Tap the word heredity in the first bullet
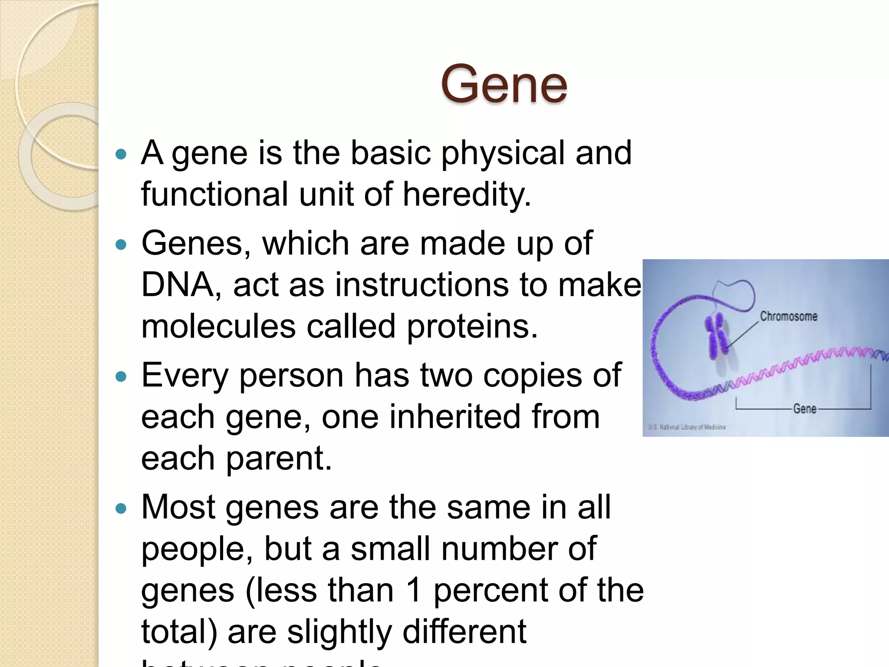(467, 194)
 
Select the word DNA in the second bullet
(177, 285)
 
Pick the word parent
(279, 459)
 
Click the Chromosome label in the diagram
(788, 316)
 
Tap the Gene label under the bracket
(805, 409)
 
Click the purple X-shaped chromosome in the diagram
(718, 337)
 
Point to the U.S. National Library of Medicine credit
(687, 427)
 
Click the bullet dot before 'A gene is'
(122, 154)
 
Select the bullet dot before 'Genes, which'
(122, 244)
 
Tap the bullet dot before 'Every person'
(122, 376)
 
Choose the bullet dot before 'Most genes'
(122, 509)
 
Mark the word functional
(214, 194)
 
